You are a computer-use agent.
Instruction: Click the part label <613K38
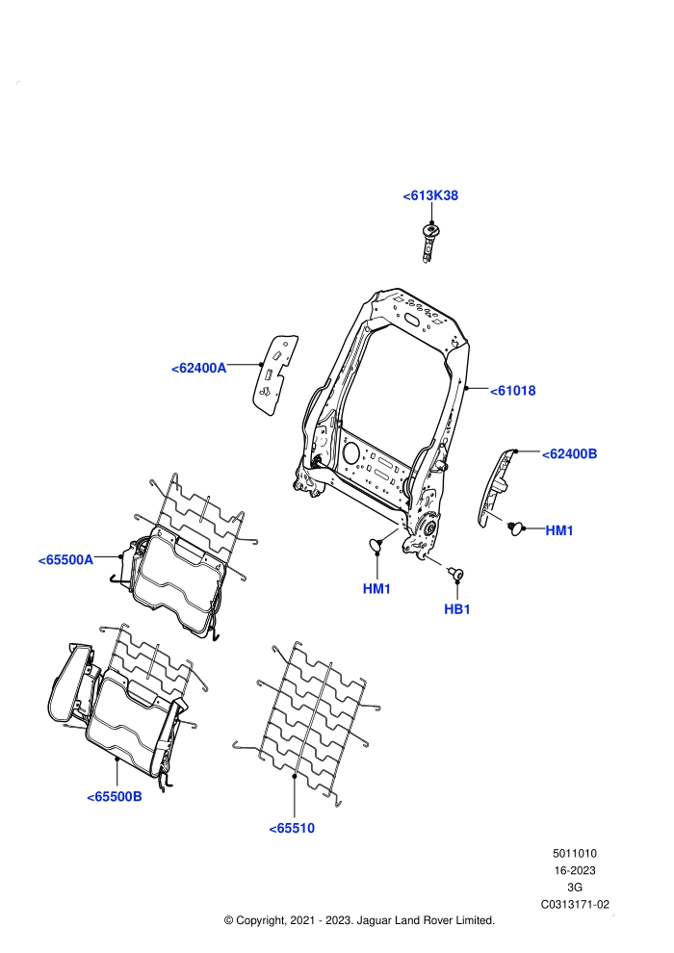[x=430, y=195]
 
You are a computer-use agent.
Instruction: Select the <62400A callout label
[x=198, y=369]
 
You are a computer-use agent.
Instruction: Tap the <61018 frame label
[x=513, y=391]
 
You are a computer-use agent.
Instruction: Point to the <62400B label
[x=569, y=454]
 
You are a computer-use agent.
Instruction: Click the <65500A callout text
[x=65, y=560]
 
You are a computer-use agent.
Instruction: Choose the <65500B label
[x=115, y=797]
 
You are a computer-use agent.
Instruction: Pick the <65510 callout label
[x=292, y=829]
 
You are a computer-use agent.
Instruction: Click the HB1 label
[x=457, y=609]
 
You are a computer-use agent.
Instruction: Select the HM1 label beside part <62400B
[x=559, y=530]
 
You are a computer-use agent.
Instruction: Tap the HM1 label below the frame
[x=376, y=589]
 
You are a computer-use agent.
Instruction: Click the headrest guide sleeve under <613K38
[x=430, y=242]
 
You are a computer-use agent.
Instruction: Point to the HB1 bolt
[x=455, y=573]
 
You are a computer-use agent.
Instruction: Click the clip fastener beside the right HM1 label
[x=516, y=528]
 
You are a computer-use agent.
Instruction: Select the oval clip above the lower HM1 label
[x=376, y=544]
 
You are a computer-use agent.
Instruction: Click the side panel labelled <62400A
[x=274, y=373]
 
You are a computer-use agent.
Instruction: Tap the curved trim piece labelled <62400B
[x=494, y=487]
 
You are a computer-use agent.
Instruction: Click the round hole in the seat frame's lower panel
[x=351, y=451]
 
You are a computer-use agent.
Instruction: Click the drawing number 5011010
[x=574, y=853]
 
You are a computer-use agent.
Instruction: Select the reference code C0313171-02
[x=575, y=904]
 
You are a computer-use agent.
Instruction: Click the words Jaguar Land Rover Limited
[x=426, y=920]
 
